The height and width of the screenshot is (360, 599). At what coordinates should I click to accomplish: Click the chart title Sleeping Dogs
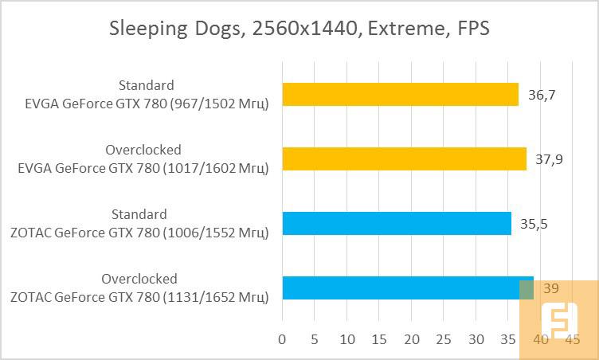point(299,29)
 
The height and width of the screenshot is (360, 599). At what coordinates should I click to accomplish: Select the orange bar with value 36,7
point(400,95)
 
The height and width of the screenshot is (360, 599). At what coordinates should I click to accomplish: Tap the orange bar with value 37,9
point(404,159)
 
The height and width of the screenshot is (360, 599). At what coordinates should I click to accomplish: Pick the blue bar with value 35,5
point(397,224)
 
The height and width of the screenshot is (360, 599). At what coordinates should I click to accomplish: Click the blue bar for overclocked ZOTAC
point(408,288)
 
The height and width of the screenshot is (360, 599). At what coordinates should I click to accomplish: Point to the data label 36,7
point(542,95)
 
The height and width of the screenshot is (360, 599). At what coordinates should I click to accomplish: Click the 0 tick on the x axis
point(282,340)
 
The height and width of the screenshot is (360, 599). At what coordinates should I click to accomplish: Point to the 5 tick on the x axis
point(315,340)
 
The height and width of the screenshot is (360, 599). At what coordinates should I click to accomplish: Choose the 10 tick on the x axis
point(346,340)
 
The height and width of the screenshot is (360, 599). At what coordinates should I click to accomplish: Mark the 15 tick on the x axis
point(379,340)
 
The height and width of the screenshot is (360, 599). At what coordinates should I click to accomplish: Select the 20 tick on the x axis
point(412,340)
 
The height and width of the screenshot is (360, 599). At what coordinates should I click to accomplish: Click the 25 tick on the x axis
point(444,340)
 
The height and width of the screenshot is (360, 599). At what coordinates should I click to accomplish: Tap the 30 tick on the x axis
point(476,340)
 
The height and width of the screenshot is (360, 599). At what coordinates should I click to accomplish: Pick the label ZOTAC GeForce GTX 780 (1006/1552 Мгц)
point(139,232)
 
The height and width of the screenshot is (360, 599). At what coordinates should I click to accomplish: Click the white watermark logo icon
point(557,320)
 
